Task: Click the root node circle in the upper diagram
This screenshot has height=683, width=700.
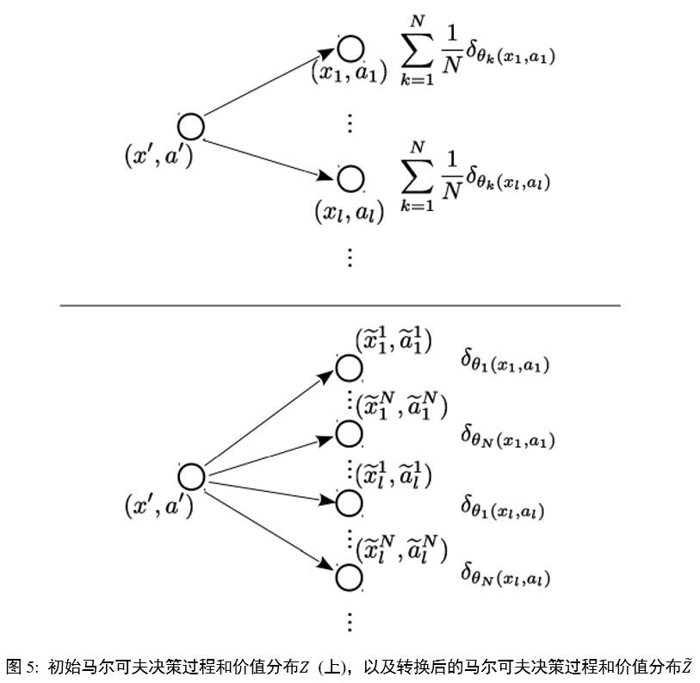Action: [190, 127]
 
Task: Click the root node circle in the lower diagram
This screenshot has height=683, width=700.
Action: [190, 476]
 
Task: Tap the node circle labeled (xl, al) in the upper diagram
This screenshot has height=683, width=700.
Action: [350, 179]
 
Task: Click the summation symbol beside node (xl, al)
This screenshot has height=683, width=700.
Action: [418, 179]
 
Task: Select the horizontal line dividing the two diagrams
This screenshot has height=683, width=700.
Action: [339, 305]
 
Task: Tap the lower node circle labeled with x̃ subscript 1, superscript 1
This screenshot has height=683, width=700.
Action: [349, 368]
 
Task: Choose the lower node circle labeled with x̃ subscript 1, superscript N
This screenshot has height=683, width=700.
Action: [349, 432]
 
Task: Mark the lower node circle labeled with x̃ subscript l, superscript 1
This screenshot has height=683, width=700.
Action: [349, 502]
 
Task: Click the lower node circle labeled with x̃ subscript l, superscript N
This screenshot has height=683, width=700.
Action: [349, 576]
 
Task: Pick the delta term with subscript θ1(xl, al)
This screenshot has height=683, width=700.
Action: [503, 506]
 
